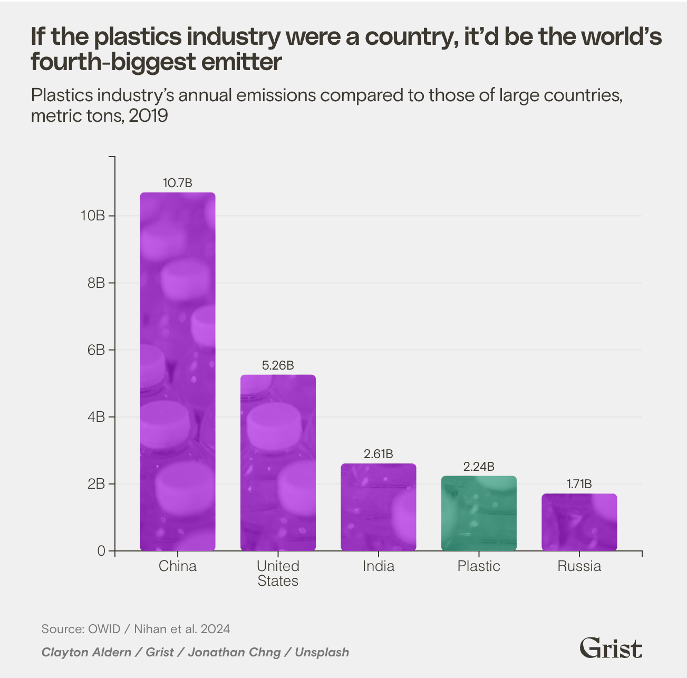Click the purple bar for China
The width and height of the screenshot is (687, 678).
[x=178, y=372]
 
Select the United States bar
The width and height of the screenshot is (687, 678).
[x=278, y=463]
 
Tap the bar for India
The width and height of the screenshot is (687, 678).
[x=379, y=507]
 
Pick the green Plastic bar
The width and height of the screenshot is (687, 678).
[x=479, y=514]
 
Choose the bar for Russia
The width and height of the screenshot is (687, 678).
[x=579, y=522]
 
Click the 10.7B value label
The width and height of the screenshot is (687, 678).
[x=178, y=183]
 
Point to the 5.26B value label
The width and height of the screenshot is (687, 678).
[x=278, y=365]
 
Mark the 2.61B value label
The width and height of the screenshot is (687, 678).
[x=379, y=454]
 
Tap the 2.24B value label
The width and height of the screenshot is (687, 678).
[x=479, y=467]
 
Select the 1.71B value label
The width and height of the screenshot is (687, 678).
[x=579, y=484]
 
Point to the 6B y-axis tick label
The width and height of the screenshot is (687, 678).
[x=96, y=350]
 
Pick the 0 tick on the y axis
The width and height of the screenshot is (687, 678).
[x=101, y=551]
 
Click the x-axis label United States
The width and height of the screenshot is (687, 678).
[x=278, y=573]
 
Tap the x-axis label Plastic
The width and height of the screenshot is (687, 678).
[x=479, y=566]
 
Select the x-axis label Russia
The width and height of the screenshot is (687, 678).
[x=579, y=566]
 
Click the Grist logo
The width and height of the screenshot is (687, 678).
[x=611, y=647]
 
